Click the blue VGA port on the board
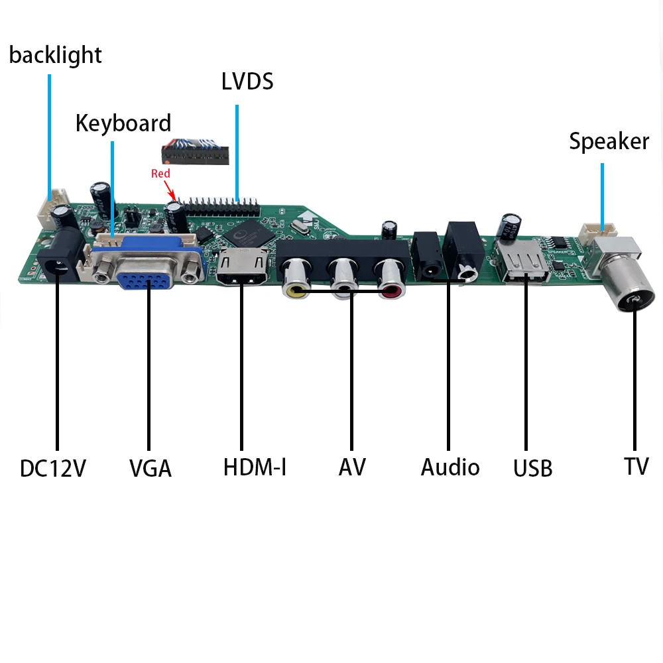(147, 272)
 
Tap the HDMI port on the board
(241, 269)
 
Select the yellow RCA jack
(294, 280)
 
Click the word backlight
(56, 55)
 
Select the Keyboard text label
(123, 123)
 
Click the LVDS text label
(247, 82)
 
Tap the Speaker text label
(609, 141)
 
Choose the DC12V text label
(53, 468)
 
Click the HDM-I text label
(255, 467)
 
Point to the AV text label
(352, 467)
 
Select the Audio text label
(450, 467)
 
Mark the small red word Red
(160, 174)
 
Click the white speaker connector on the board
(599, 231)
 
